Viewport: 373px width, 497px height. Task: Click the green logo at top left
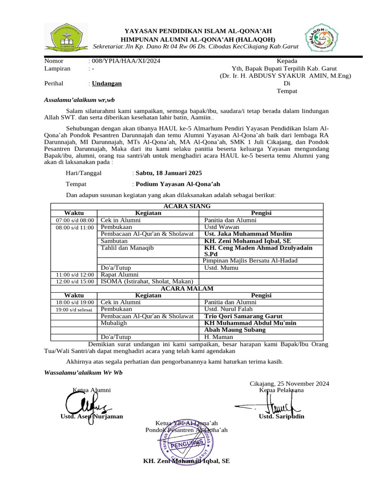click(x=68, y=36)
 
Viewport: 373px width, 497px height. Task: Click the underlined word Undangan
click(x=107, y=83)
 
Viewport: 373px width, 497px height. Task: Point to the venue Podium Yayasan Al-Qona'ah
click(x=178, y=184)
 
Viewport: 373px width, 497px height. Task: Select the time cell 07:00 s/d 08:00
click(x=74, y=220)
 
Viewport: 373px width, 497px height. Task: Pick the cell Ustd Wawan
click(x=218, y=227)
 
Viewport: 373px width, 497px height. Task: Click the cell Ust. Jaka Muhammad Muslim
click(x=248, y=234)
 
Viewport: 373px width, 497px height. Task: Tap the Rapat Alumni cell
click(x=119, y=275)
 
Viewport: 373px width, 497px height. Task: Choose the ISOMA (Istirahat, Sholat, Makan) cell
click(x=147, y=282)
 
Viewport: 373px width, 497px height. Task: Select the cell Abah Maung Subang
click(x=235, y=330)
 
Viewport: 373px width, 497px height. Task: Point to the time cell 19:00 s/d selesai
click(x=74, y=309)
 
